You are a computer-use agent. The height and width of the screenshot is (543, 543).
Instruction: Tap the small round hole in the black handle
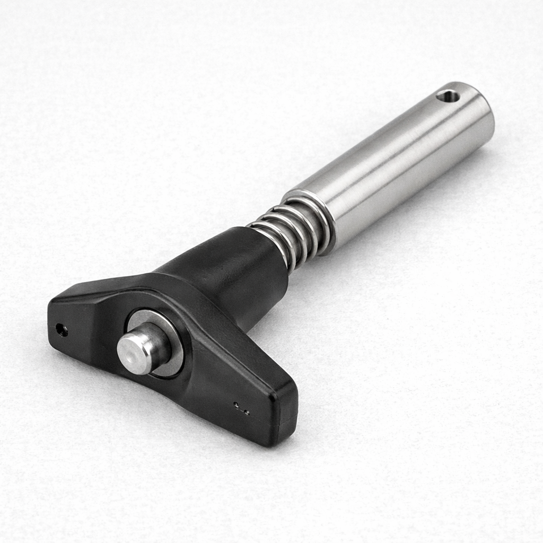[x=62, y=330]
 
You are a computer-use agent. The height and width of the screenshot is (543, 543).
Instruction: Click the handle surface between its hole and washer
[x=95, y=329]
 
